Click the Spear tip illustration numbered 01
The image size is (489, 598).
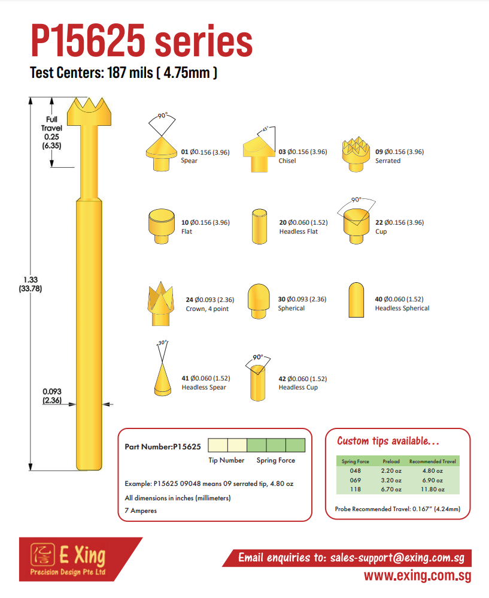click(161, 154)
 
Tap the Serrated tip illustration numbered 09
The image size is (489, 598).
click(356, 154)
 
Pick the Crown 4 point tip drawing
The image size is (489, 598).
click(161, 304)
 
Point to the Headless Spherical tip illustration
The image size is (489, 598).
click(356, 300)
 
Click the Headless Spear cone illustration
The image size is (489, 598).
click(163, 379)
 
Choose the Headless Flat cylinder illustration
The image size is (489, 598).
click(259, 226)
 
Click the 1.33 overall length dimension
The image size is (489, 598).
click(31, 284)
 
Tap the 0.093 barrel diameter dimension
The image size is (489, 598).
click(52, 396)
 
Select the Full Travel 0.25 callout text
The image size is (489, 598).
click(51, 132)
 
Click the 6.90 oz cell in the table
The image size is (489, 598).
click(432, 480)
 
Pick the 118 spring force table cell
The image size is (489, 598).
click(356, 490)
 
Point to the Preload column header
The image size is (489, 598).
click(391, 461)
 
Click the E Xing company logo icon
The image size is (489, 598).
click(42, 554)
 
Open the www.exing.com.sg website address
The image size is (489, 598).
click(417, 575)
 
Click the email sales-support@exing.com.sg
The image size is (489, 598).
click(397, 558)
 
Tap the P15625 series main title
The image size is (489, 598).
click(141, 40)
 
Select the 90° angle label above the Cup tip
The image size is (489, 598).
click(356, 200)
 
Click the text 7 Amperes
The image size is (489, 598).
click(141, 511)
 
